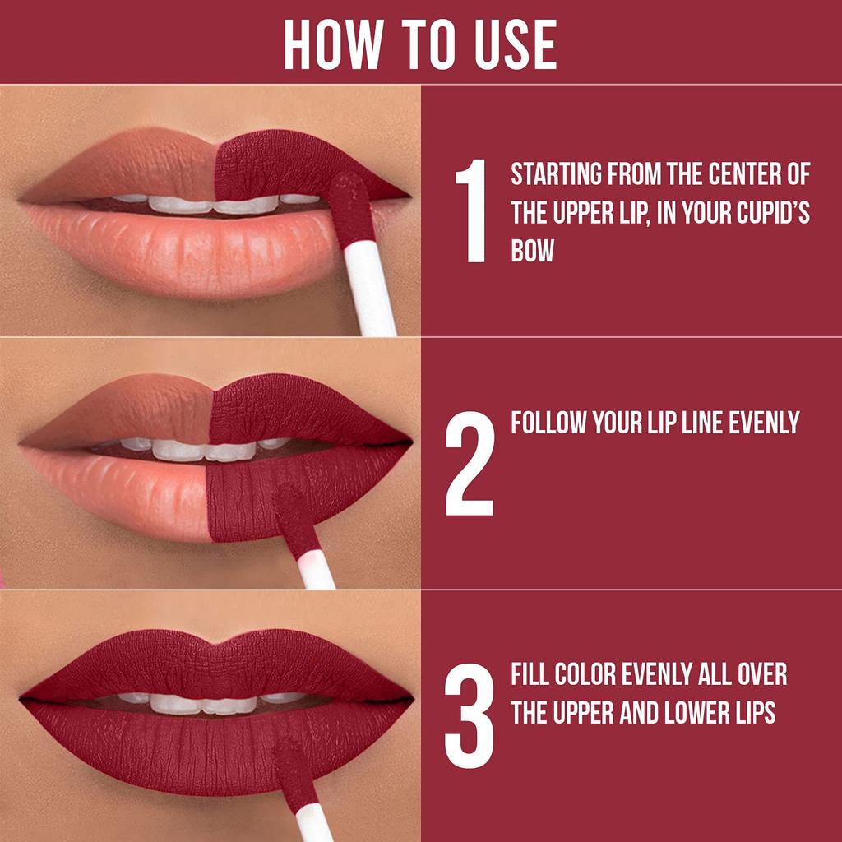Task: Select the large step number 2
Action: [470, 463]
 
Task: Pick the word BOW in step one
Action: [532, 250]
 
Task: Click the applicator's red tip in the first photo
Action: [352, 210]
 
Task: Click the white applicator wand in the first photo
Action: [371, 288]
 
